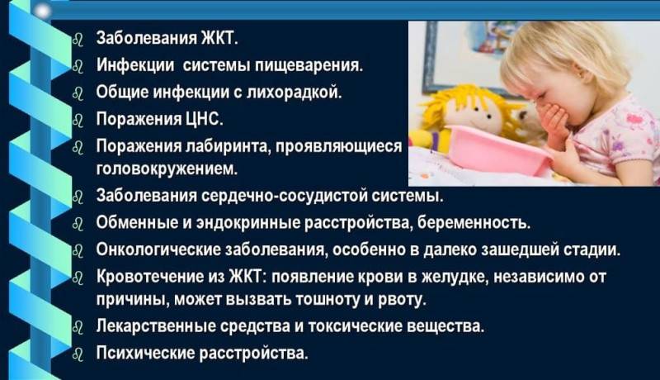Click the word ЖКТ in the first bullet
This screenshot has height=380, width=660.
[x=219, y=38]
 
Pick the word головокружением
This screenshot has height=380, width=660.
[x=167, y=169]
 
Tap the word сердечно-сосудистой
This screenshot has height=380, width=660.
[x=285, y=197]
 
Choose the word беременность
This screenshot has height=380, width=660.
[x=474, y=223]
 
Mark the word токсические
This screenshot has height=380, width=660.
[x=355, y=326]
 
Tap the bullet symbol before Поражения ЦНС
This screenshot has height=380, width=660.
[x=78, y=120]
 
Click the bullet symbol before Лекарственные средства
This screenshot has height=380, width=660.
[x=78, y=327]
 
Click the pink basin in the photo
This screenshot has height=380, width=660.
[x=497, y=150]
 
